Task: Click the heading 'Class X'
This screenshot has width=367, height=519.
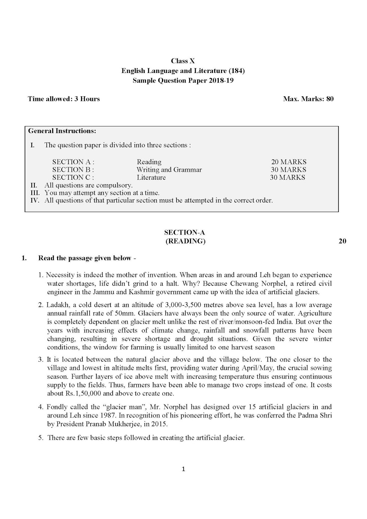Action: coord(183,61)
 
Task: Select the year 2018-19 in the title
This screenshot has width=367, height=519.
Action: coord(221,80)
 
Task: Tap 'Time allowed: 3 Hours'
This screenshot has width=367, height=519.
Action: coord(64,99)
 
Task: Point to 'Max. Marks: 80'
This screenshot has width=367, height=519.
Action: coord(308,99)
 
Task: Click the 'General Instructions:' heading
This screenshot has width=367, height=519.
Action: coord(62,131)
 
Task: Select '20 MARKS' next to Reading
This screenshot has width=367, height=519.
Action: coord(288,162)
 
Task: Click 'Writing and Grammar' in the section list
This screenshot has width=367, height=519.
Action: coord(169,170)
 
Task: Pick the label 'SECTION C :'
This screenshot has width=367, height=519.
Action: coord(73,177)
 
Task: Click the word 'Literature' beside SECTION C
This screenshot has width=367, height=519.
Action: coord(151,177)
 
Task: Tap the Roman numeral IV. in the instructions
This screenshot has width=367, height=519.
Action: coord(34,200)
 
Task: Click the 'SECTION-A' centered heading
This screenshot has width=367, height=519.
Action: coord(185,232)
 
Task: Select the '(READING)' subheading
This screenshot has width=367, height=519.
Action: coord(185,241)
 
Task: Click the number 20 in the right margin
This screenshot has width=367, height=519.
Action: coord(342,241)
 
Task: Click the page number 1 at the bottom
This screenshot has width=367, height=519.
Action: coord(183,469)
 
